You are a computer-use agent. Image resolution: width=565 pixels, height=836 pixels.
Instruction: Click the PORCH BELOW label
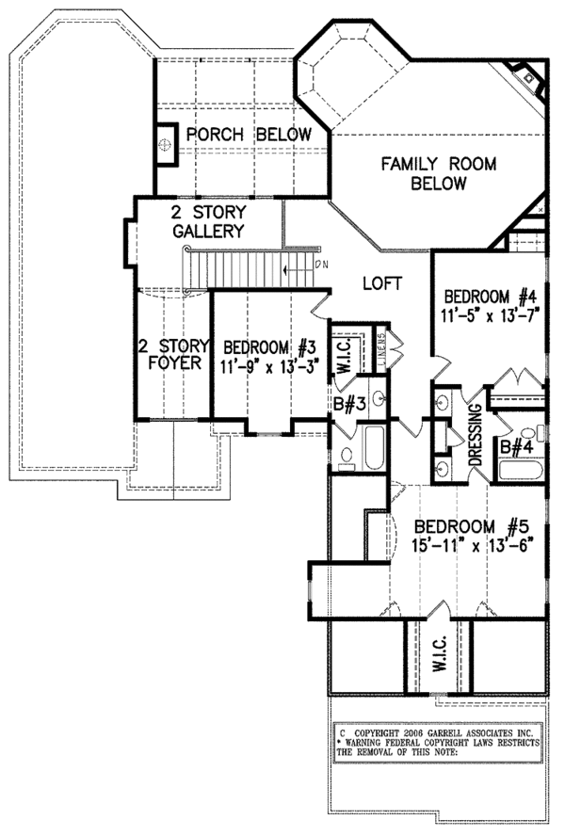pos(248,135)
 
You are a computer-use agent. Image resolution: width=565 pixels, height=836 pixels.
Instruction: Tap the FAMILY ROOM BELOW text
pos(425,173)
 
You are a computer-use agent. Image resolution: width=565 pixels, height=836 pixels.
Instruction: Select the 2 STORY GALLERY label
pos(208,220)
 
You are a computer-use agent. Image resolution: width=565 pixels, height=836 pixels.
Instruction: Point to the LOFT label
pos(382,282)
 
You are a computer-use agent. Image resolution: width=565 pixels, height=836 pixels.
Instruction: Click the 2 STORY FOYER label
pos(171,355)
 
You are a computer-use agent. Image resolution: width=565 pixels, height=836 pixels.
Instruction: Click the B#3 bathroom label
pos(348,406)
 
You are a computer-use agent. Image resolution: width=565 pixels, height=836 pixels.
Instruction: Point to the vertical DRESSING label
pos(476,435)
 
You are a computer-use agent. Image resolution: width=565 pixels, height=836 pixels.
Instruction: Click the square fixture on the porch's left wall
pos(166,146)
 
